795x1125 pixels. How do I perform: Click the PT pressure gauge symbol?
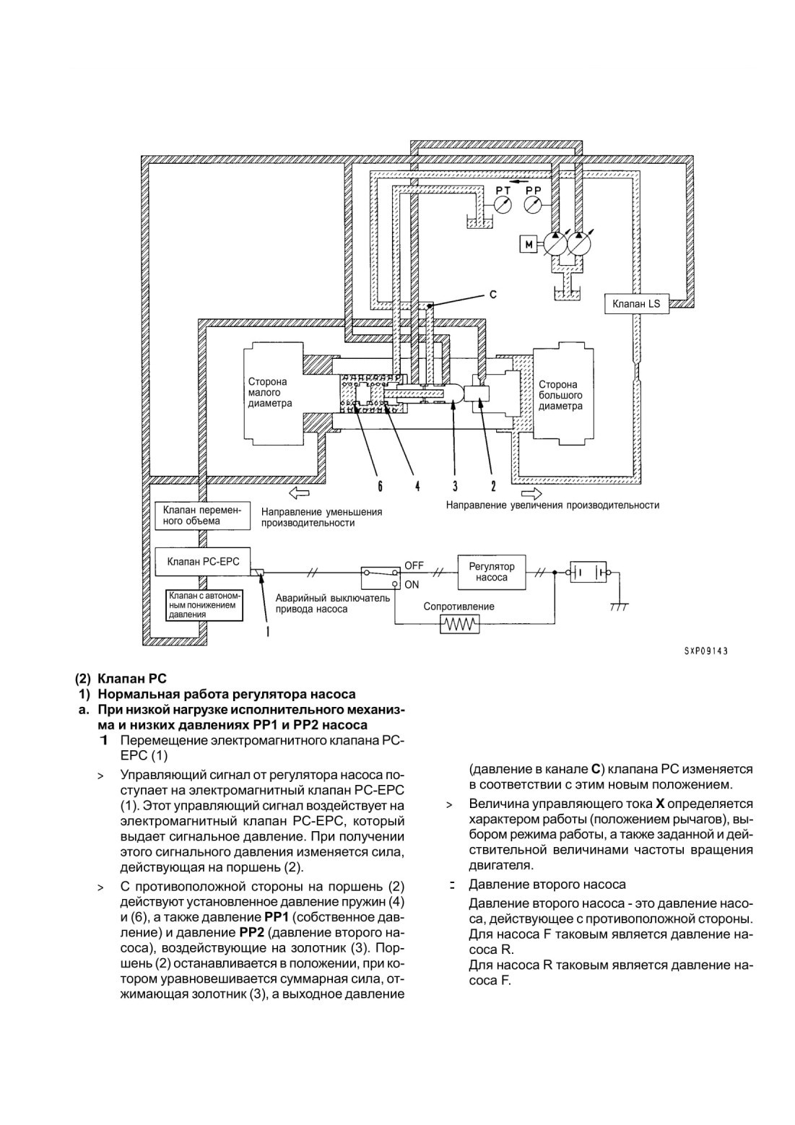[503, 205]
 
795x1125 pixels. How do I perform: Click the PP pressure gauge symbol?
[533, 205]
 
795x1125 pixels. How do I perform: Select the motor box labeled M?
[529, 245]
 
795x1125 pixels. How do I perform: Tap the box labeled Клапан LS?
[636, 304]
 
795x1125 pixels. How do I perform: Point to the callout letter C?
[492, 295]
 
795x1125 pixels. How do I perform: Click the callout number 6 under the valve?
[380, 486]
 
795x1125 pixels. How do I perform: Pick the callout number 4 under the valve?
[417, 486]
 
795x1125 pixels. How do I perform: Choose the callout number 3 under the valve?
[455, 486]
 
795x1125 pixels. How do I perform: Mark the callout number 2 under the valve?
[492, 486]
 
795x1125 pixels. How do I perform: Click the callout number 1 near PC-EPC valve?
[268, 631]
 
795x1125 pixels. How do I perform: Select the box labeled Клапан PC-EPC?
[203, 562]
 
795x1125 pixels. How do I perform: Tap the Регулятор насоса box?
[492, 572]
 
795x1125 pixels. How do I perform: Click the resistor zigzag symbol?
[460, 625]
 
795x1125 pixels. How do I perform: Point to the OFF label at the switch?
[414, 565]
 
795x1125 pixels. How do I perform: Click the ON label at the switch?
[412, 585]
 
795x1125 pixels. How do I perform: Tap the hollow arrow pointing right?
[532, 494]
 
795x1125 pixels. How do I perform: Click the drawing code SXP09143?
[705, 651]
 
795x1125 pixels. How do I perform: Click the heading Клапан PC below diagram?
[121, 679]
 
